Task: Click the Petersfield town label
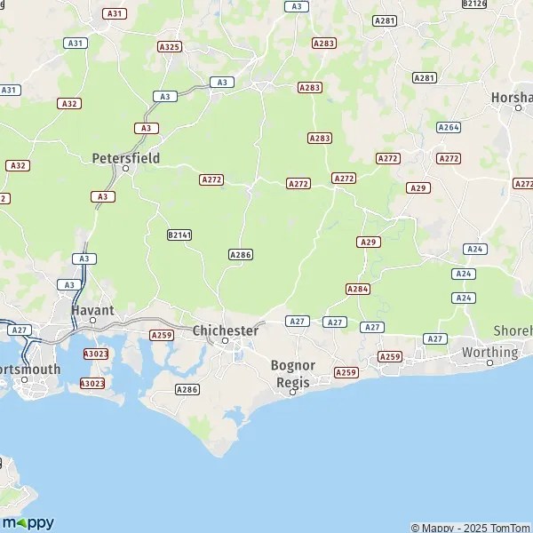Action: [126, 157]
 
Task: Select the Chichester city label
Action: [226, 330]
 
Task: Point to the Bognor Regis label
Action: [292, 373]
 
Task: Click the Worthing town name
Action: [489, 352]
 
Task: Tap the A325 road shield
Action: [169, 46]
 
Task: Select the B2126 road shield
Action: [475, 4]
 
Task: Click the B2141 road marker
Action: [179, 235]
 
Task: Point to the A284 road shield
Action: [358, 289]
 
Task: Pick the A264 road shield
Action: [449, 127]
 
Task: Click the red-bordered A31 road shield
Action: [114, 13]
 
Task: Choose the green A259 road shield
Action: [161, 335]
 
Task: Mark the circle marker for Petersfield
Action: [126, 168]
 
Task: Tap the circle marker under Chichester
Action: [226, 341]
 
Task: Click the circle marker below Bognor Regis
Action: [292, 391]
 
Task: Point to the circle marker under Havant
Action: [92, 319]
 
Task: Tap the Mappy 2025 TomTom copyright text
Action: [470, 528]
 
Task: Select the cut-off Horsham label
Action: [512, 97]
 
